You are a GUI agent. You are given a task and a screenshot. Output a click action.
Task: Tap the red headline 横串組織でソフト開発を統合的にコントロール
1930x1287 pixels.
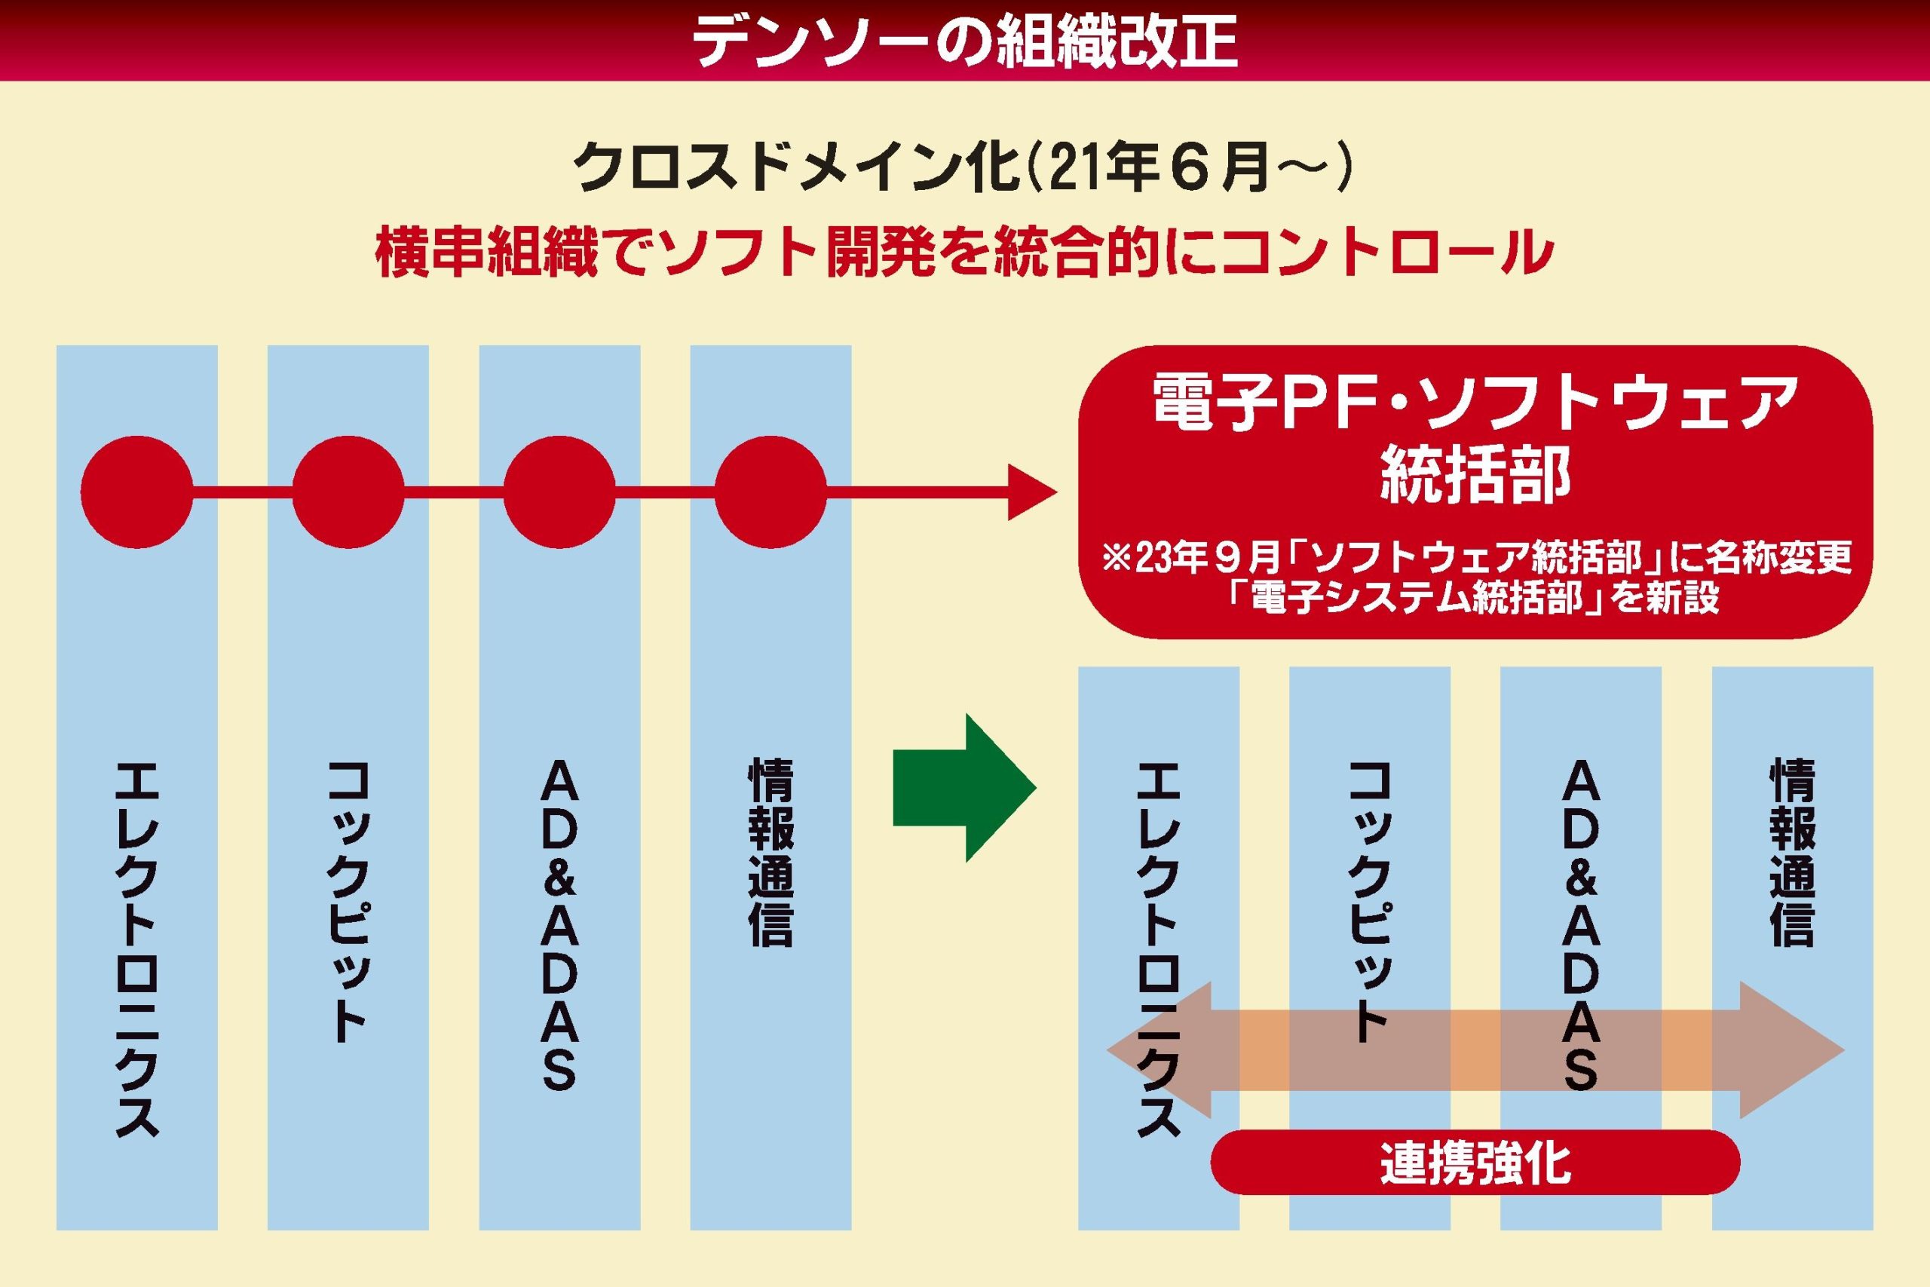coord(964,253)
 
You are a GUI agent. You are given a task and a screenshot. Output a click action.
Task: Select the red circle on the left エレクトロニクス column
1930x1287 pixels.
coord(137,492)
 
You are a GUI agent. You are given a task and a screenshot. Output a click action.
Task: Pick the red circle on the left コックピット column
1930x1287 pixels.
coord(348,492)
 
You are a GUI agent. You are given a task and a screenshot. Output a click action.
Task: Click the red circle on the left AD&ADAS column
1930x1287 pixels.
coord(559,492)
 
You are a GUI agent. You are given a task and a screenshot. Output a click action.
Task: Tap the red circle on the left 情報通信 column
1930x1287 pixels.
coord(770,492)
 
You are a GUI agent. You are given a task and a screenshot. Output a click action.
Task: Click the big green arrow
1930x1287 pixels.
coord(964,788)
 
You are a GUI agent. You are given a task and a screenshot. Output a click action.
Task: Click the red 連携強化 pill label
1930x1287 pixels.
coord(1475,1163)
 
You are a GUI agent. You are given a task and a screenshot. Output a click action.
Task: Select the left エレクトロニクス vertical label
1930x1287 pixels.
coord(137,948)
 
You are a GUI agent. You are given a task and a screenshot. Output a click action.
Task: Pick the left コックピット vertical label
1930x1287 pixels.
coord(348,903)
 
